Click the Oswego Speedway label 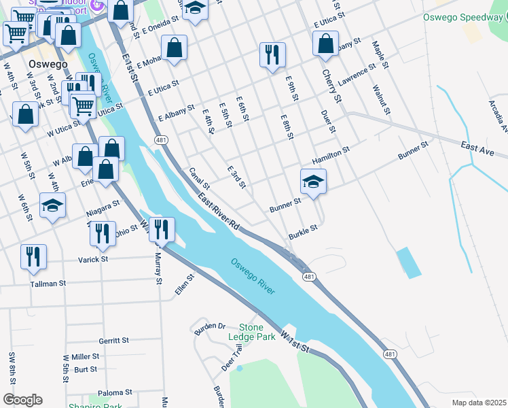[461, 18]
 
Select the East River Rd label [219, 210]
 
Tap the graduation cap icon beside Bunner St [313, 182]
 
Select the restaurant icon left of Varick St [33, 256]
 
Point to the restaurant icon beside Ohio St [103, 233]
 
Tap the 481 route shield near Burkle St [309, 277]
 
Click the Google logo [22, 399]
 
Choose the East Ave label [477, 146]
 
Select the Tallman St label [48, 283]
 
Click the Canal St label [199, 179]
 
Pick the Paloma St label [115, 392]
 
